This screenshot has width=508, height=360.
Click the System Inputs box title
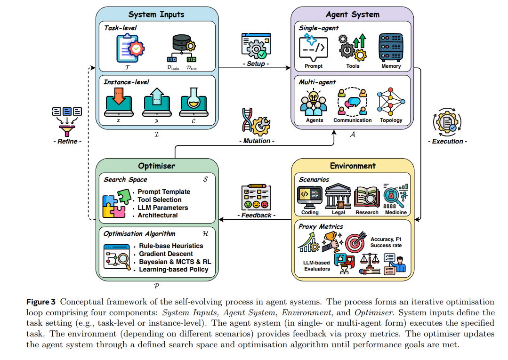pyautogui.click(x=156, y=14)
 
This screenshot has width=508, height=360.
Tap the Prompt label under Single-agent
pyautogui.click(x=314, y=66)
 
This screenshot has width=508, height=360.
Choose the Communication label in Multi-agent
pyautogui.click(x=353, y=120)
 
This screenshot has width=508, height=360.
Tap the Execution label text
pyautogui.click(x=447, y=141)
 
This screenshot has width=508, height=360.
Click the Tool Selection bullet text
pyautogui.click(x=159, y=200)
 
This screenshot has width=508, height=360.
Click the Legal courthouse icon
pyautogui.click(x=338, y=196)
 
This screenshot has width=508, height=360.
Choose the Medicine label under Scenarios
pyautogui.click(x=395, y=213)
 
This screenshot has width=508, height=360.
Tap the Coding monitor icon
pyautogui.click(x=310, y=197)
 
